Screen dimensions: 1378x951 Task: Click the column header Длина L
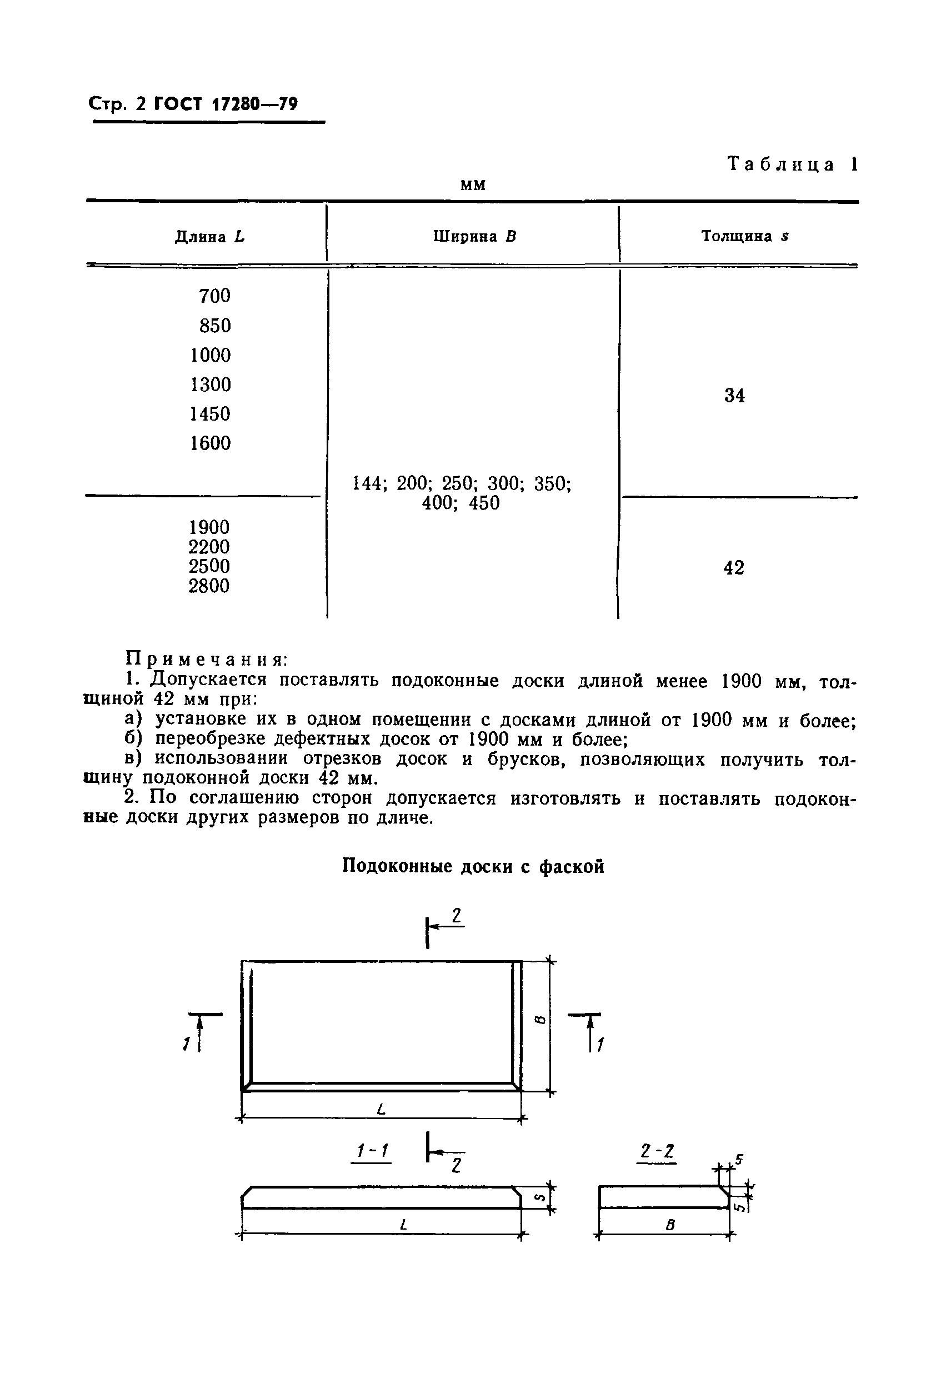pos(210,237)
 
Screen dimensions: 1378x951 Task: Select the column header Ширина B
pos(474,236)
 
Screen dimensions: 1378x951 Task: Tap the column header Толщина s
pos(745,236)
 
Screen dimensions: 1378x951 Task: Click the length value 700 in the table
pos(214,296)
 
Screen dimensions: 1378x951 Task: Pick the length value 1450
pos(210,413)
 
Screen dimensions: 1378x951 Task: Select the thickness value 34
pos(734,396)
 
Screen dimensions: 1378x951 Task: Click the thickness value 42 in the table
pos(734,568)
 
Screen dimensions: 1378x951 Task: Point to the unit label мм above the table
pos(473,186)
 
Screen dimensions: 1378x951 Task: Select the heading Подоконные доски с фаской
pos(473,866)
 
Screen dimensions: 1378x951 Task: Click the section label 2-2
pos(657,1151)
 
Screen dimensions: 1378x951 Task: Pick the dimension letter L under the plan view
pos(382,1109)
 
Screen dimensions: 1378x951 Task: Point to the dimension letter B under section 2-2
pos(670,1225)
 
